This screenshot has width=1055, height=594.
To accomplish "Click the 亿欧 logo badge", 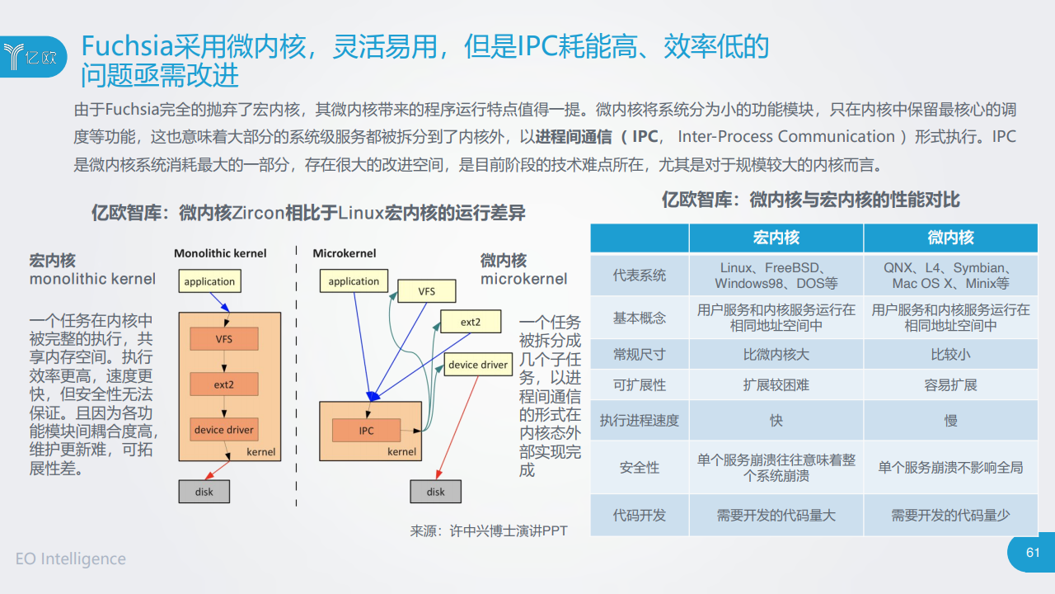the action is click(33, 57).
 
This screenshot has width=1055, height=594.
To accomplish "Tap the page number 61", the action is click(1033, 552).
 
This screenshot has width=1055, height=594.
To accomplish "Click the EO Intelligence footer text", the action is click(71, 559).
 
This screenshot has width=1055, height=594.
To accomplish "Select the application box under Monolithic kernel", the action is click(209, 281).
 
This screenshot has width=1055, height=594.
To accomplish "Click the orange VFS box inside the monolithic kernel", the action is click(224, 339).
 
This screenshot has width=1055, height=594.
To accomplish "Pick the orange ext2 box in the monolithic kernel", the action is click(224, 384).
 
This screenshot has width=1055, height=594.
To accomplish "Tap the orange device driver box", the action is click(224, 430).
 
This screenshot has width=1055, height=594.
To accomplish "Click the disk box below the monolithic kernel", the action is click(204, 492).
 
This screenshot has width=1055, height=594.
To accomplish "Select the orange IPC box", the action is click(367, 431).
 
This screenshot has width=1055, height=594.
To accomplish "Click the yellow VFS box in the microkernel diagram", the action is click(427, 291).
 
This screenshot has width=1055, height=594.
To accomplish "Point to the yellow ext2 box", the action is click(471, 322).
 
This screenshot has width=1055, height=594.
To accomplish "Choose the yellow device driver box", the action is click(478, 365).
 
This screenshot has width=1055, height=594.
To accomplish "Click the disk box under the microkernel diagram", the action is click(436, 492).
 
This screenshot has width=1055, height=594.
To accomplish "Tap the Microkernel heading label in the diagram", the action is click(345, 253).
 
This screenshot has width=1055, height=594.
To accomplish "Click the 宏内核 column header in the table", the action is click(776, 238).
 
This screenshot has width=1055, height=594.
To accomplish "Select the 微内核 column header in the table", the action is click(951, 238).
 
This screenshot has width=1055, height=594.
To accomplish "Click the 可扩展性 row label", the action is click(639, 384).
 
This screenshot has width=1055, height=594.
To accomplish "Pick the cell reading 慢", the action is click(951, 420).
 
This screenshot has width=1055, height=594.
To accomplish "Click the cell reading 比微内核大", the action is click(776, 354).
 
